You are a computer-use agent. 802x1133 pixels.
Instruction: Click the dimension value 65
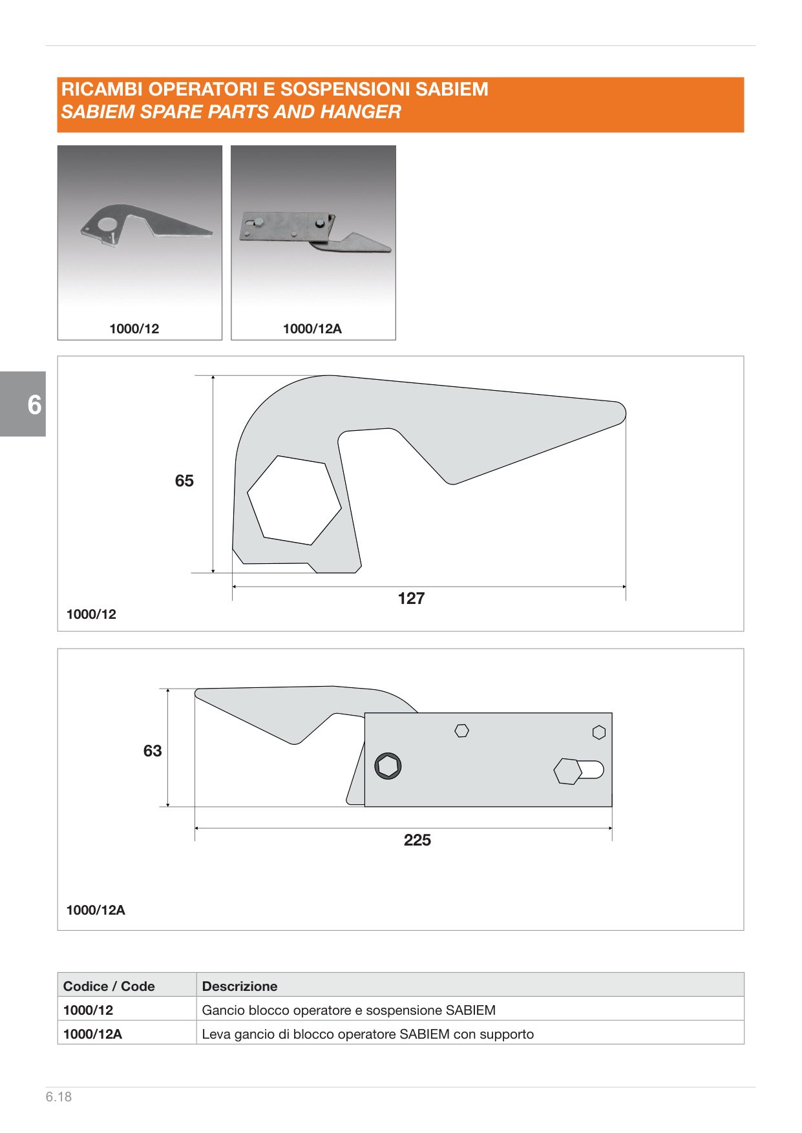click(184, 481)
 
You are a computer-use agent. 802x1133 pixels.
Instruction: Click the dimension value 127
click(411, 598)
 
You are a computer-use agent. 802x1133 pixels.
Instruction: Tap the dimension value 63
click(153, 751)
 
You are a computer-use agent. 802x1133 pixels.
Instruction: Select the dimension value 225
click(417, 840)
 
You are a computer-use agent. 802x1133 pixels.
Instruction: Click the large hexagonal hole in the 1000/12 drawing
click(294, 501)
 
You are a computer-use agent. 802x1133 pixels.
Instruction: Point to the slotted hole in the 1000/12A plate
click(579, 771)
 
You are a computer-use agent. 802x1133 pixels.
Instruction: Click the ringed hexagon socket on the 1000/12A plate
click(388, 766)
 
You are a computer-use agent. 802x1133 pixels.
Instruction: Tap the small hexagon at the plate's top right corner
click(599, 733)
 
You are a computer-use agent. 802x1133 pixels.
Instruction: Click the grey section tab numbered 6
click(23, 404)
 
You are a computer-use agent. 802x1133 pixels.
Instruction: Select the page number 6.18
click(59, 1097)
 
